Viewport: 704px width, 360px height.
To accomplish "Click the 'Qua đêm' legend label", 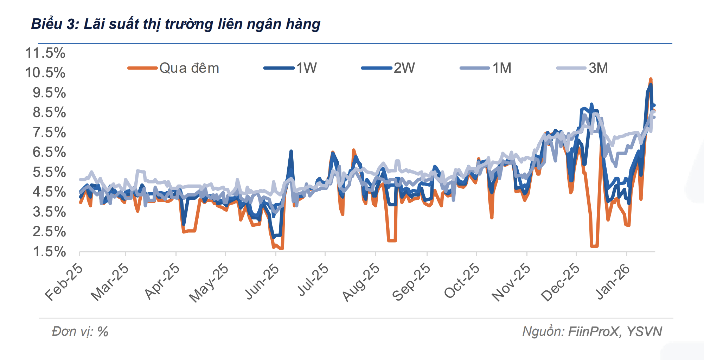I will click(x=189, y=68).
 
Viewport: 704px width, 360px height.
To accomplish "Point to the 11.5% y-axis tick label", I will click(x=45, y=53).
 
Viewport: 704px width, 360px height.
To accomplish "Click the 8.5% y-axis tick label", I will click(x=49, y=112).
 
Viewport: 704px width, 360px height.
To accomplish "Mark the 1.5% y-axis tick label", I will click(x=49, y=252).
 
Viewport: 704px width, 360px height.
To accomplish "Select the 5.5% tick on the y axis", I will click(x=49, y=172).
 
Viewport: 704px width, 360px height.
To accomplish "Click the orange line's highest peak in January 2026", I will click(x=651, y=79).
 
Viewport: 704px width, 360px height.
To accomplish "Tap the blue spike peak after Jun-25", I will click(x=291, y=151).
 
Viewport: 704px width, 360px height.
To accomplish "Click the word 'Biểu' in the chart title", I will click(x=46, y=24).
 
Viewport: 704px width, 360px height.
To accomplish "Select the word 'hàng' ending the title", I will click(x=303, y=24).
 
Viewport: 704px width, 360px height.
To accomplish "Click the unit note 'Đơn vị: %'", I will click(x=80, y=332).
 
